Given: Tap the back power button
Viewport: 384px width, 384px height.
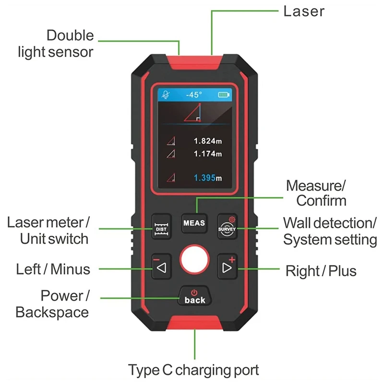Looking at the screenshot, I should (194, 297).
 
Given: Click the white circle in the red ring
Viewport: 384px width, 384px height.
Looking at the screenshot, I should (194, 260).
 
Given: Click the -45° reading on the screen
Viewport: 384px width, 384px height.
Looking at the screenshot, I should (194, 95).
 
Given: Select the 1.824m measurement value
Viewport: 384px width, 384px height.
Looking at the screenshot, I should (208, 141).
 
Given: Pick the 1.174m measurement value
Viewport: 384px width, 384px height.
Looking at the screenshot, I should (208, 154).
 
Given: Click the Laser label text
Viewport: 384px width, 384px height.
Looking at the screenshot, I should (304, 11).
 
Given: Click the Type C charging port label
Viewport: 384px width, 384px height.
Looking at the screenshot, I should (193, 370).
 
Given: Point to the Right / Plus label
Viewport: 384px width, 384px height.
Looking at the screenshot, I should (321, 271).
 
